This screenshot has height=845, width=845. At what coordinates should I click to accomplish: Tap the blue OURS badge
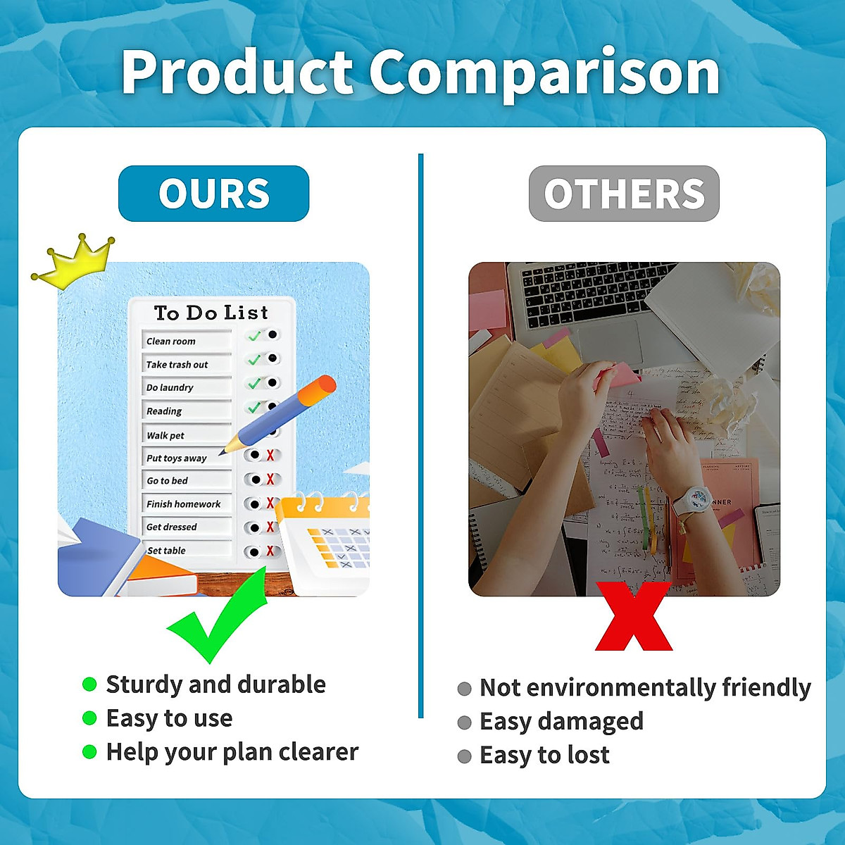[213, 194]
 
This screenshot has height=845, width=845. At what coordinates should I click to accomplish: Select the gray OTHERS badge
[624, 194]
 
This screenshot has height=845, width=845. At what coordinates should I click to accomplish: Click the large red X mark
[634, 616]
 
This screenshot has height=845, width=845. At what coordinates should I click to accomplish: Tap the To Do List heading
[211, 313]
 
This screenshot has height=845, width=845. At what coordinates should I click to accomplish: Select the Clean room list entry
[171, 342]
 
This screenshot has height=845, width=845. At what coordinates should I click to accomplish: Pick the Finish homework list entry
[183, 504]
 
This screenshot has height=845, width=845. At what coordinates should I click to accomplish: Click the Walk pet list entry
[165, 436]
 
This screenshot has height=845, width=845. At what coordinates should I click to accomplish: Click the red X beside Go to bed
[270, 480]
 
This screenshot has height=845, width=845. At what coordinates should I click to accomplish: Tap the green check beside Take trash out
[254, 360]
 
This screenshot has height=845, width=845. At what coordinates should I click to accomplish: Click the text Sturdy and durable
[215, 684]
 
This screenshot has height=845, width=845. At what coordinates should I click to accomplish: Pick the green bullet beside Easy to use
[89, 718]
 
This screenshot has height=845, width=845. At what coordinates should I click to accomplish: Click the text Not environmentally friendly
[645, 688]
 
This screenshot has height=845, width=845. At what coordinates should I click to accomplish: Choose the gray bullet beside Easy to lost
[464, 756]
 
